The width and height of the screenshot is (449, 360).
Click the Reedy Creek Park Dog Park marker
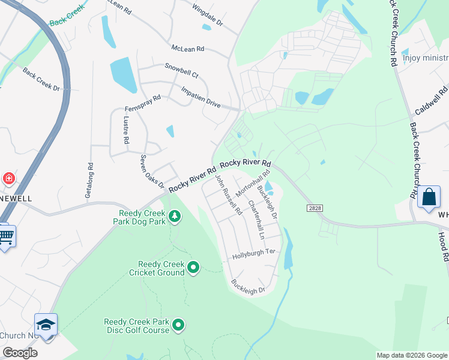pos(175,215)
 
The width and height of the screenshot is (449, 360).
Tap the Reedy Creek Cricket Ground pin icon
pos(193,267)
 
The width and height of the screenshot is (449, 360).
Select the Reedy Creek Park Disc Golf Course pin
pos(178,325)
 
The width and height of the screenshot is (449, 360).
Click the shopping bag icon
pos(430,197)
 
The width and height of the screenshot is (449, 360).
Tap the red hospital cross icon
pos(8,178)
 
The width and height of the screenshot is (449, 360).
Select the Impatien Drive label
pos(201,96)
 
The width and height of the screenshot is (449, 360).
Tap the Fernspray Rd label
pos(143,103)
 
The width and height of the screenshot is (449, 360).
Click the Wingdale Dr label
pos(207,16)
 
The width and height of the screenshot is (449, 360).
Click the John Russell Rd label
pos(228,194)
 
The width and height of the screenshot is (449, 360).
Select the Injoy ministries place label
pos(426,58)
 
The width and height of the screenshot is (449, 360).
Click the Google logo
pos(20,353)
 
